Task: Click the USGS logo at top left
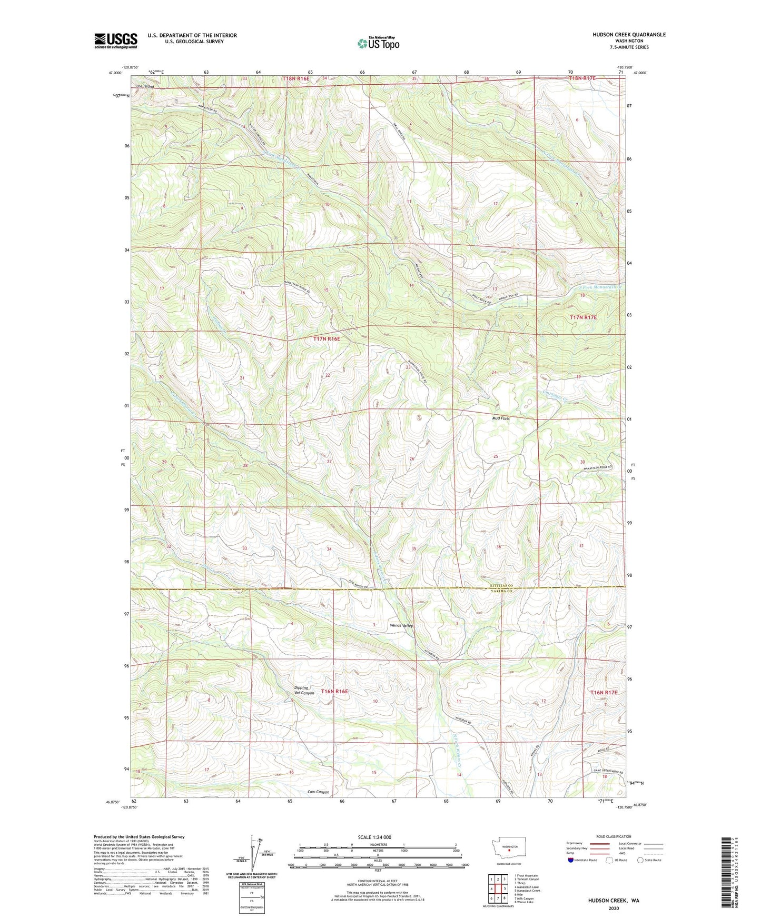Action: click(x=116, y=41)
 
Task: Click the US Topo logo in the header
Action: click(x=378, y=44)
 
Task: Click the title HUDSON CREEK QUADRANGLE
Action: click(x=628, y=35)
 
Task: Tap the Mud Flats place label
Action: click(x=501, y=418)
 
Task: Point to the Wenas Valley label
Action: click(x=401, y=626)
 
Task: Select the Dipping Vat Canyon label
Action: click(x=304, y=691)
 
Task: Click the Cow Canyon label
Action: click(x=318, y=792)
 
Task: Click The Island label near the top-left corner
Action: click(x=145, y=86)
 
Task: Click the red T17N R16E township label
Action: click(x=327, y=339)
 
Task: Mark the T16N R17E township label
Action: click(x=603, y=692)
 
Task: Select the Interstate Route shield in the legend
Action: click(x=571, y=860)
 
